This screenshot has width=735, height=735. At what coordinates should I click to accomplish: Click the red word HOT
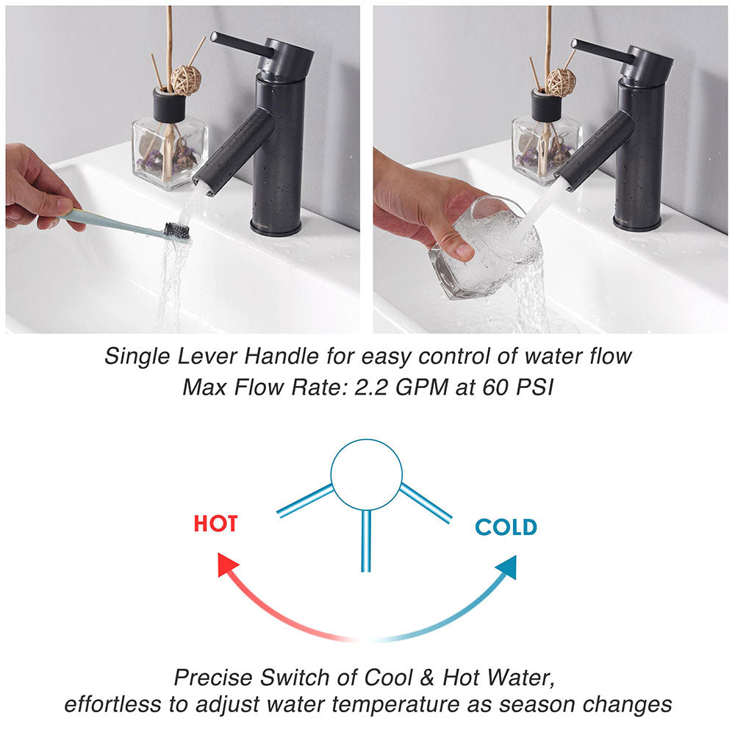pyautogui.click(x=215, y=524)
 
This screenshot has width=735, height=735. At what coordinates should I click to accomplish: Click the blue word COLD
pyautogui.click(x=506, y=527)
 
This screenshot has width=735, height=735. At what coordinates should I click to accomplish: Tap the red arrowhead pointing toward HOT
pyautogui.click(x=230, y=567)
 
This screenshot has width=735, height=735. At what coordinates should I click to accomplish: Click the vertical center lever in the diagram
pyautogui.click(x=366, y=540)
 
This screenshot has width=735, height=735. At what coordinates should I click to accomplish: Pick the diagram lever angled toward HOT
pyautogui.click(x=304, y=501)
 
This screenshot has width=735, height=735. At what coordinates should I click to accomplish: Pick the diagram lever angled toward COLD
pyautogui.click(x=426, y=503)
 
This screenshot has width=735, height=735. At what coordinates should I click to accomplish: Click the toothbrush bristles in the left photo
pyautogui.click(x=177, y=231)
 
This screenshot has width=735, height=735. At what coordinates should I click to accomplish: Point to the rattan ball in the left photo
pyautogui.click(x=185, y=79)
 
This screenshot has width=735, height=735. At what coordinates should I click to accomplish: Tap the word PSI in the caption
pyautogui.click(x=530, y=387)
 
